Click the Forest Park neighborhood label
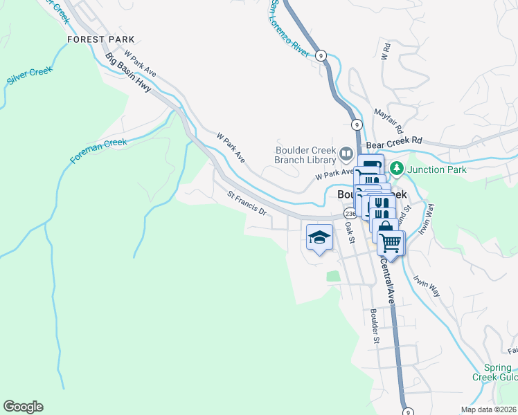coord(100,39)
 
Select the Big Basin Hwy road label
coord(129,75)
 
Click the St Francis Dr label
coord(247,203)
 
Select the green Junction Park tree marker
coord(397,168)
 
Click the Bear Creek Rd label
coord(394,140)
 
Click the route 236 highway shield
coord(348,214)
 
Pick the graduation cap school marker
coord(319,237)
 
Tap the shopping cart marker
coord(391,242)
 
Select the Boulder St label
coord(374,325)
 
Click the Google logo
coord(23,407)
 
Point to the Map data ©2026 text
coord(488,409)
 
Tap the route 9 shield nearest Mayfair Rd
coord(356,124)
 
